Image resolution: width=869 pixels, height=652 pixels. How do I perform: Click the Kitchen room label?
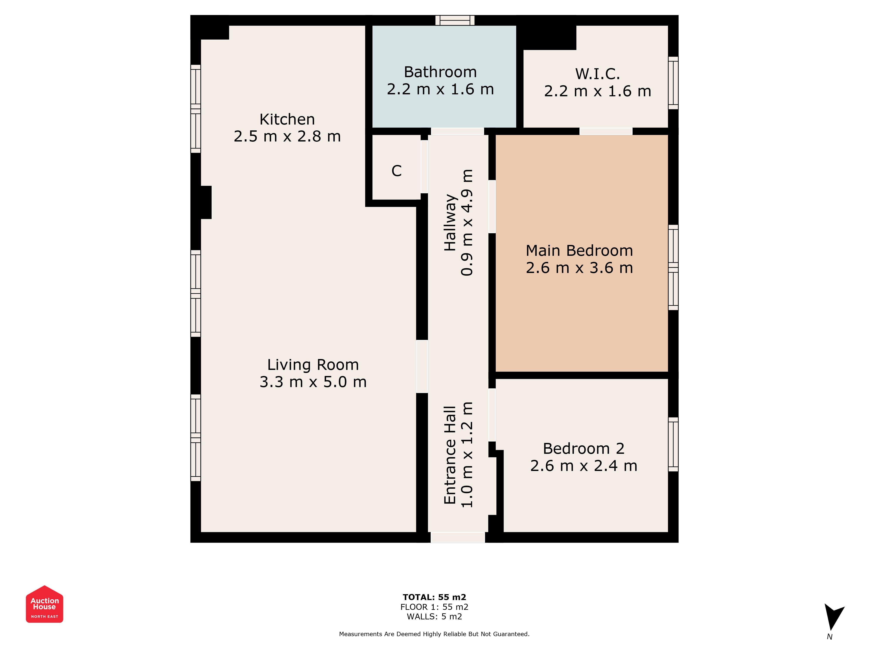[x=287, y=119]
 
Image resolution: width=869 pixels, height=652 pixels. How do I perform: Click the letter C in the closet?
[x=396, y=171]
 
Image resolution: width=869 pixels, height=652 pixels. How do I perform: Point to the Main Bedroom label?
[x=579, y=250]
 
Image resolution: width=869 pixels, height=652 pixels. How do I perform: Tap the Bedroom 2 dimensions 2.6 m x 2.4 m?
[x=584, y=466]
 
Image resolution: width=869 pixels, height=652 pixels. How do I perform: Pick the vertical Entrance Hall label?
[x=450, y=455]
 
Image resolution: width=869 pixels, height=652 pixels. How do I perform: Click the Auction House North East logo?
[x=44, y=604]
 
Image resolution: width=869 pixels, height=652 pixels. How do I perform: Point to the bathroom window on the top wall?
[x=455, y=20]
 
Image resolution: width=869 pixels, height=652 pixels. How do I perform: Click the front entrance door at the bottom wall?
[x=458, y=537]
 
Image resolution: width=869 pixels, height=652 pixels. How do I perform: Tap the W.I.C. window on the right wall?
[x=673, y=83]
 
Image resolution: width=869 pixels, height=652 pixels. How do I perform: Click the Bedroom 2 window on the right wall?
[x=673, y=444]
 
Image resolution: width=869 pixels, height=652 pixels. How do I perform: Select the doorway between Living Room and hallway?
[x=422, y=366]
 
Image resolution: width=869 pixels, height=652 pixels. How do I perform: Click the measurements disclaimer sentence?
[x=434, y=634]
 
